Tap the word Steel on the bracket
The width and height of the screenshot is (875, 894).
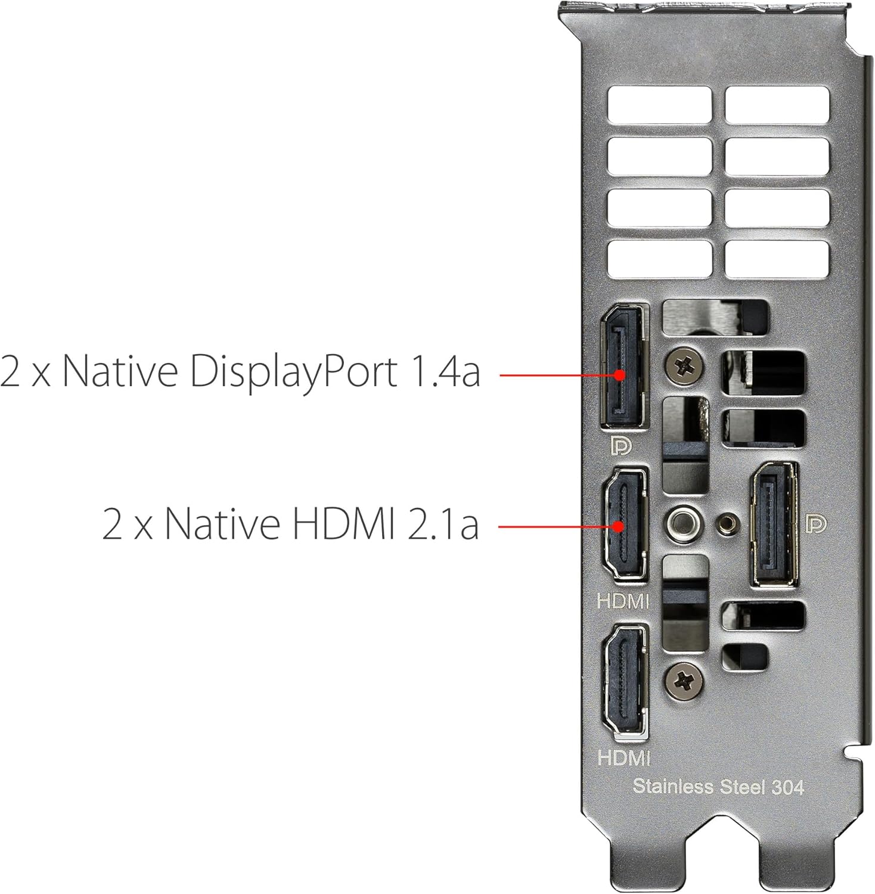(x=741, y=787)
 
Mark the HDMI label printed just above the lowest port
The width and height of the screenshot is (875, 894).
(x=623, y=601)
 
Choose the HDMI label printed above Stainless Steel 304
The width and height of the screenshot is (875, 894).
(x=623, y=758)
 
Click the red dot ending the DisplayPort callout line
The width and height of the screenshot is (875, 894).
(x=620, y=375)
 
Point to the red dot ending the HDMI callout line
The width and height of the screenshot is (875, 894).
(x=619, y=526)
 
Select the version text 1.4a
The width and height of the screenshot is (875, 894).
(x=445, y=371)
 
